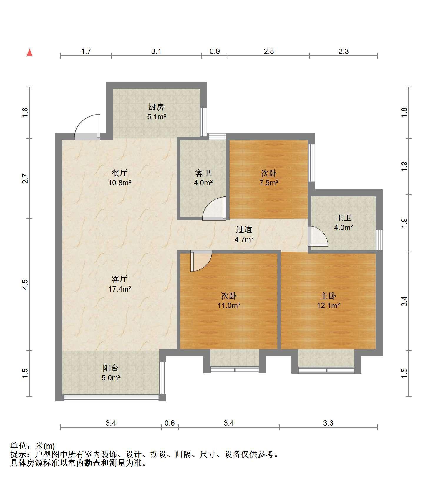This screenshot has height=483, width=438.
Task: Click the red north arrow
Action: click(29, 52)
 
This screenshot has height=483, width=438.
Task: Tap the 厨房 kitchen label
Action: click(156, 107)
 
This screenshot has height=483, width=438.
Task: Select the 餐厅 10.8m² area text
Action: click(120, 183)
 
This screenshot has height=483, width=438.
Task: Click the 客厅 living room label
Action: click(120, 279)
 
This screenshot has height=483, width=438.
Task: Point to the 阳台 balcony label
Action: click(111, 368)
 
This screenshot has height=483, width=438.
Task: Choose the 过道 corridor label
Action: click(244, 229)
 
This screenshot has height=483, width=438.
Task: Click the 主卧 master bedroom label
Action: click(328, 295)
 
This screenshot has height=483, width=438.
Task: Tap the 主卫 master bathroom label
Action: click(344, 218)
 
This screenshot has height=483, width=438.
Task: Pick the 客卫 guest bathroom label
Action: click(203, 173)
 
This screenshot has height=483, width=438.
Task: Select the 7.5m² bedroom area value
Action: click(269, 183)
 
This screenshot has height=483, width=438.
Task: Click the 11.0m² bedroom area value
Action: click(229, 305)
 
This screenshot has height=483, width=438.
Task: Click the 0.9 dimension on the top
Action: click(215, 52)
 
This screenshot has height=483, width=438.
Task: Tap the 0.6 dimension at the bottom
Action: click(170, 423)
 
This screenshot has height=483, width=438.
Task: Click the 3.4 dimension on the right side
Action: click(404, 301)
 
